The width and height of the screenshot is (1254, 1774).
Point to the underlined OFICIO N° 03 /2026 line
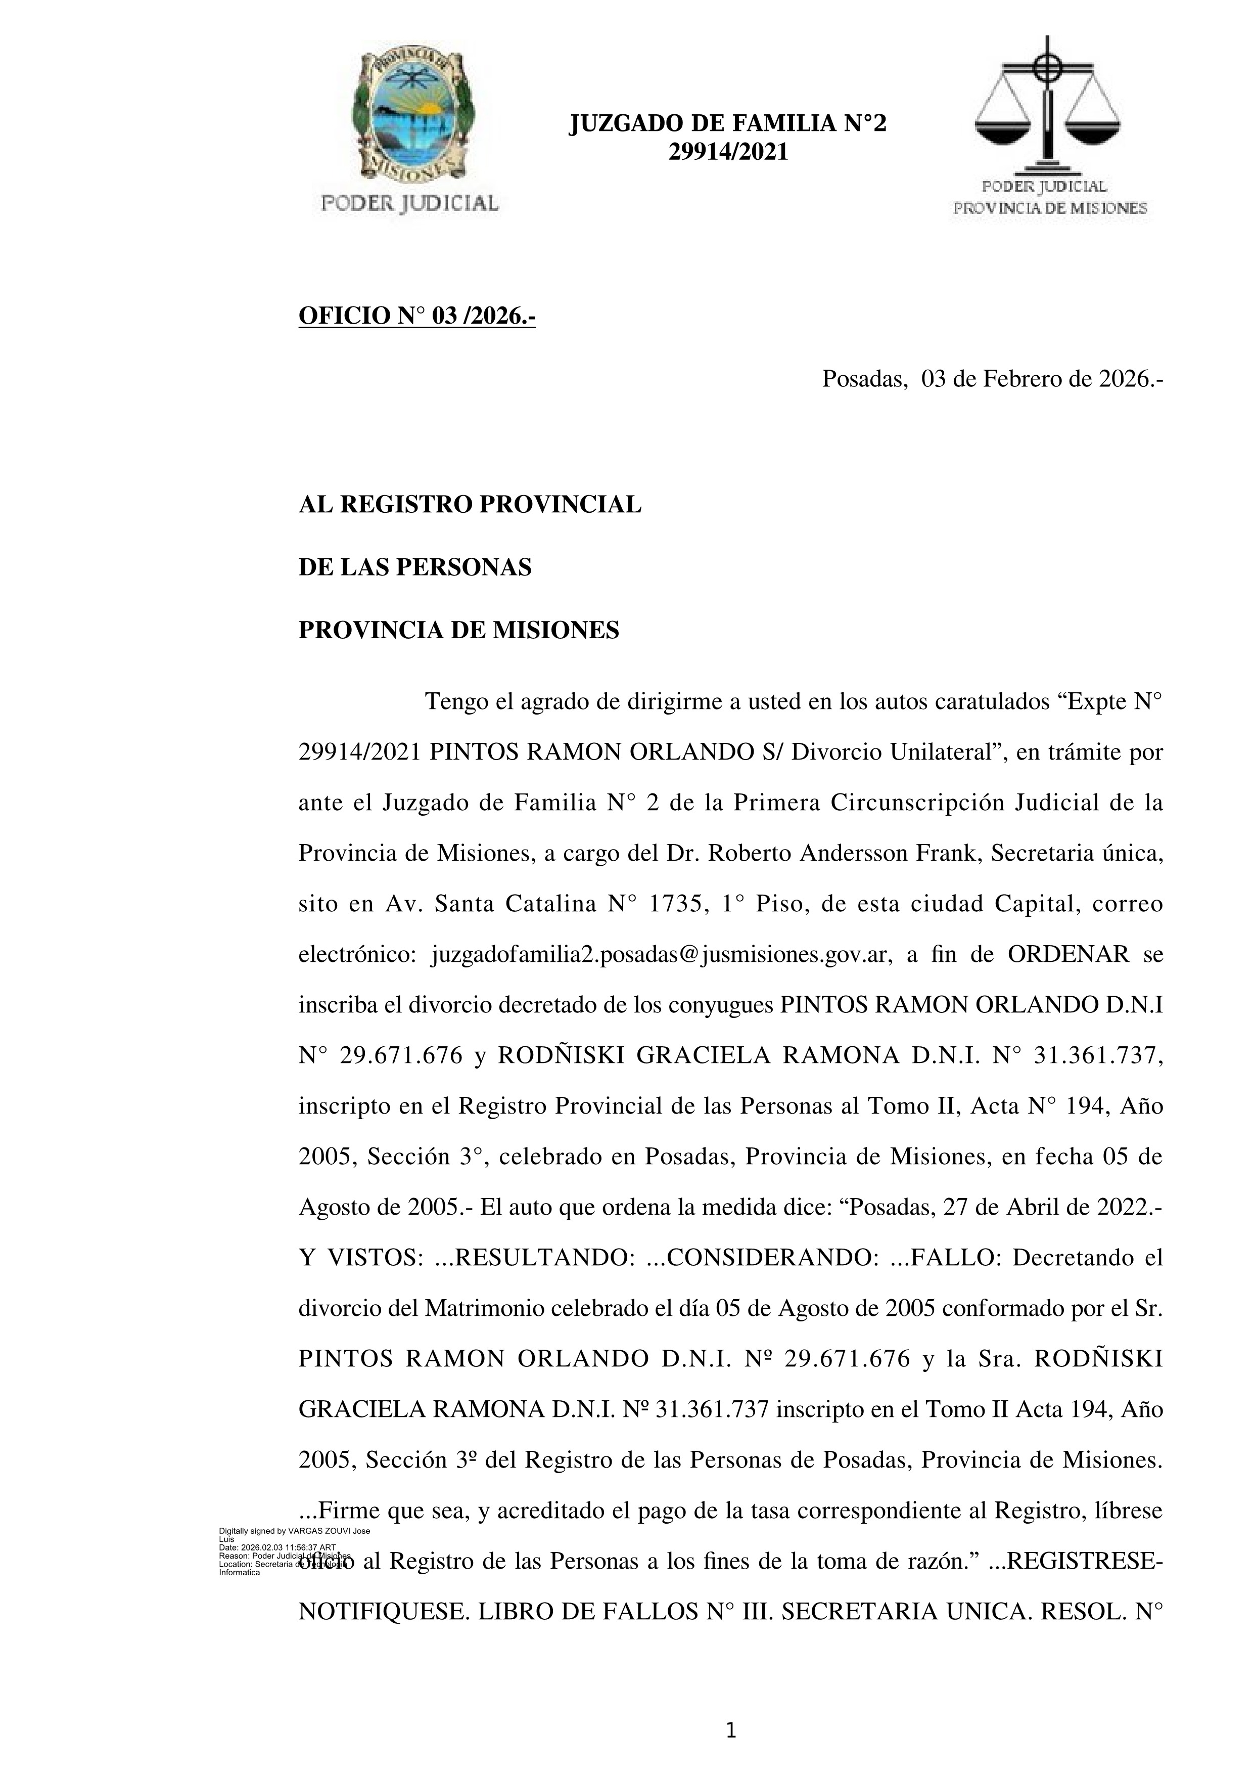click(x=417, y=316)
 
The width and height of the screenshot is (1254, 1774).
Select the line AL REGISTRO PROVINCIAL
click(x=470, y=505)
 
